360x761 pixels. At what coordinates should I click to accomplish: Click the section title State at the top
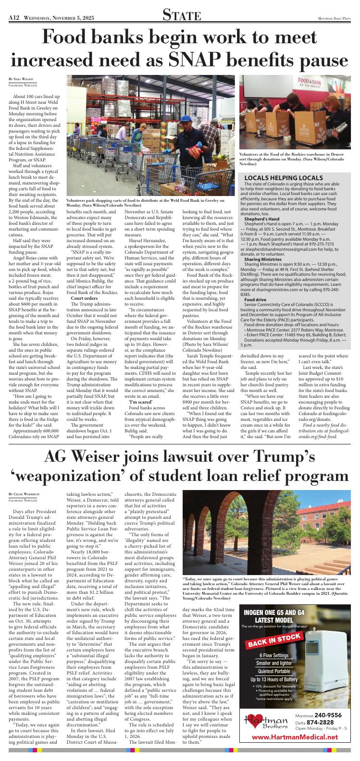pos(180,15)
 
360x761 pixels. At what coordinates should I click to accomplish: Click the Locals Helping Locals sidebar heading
pos(276,178)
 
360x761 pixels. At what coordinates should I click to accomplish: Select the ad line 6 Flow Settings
pos(273,656)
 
